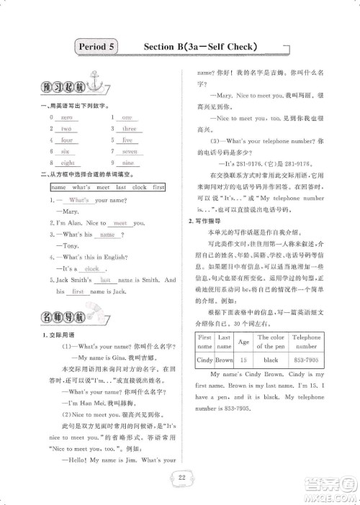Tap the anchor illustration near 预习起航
click(91, 77)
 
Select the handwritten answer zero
click(66, 117)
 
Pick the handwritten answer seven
click(129, 152)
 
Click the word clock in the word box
click(139, 187)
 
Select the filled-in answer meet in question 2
click(120, 224)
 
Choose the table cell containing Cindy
click(205, 359)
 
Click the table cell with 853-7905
click(306, 359)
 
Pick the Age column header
click(243, 341)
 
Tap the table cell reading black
click(271, 359)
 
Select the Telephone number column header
click(306, 341)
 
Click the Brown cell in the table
click(224, 359)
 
